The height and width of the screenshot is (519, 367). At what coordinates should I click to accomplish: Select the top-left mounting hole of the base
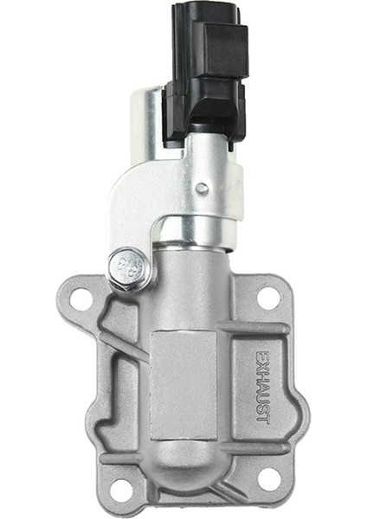[x=80, y=300]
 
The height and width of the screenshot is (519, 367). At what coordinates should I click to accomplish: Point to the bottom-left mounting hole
[x=119, y=489]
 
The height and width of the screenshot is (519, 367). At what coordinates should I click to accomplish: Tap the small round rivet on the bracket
[x=202, y=188]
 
